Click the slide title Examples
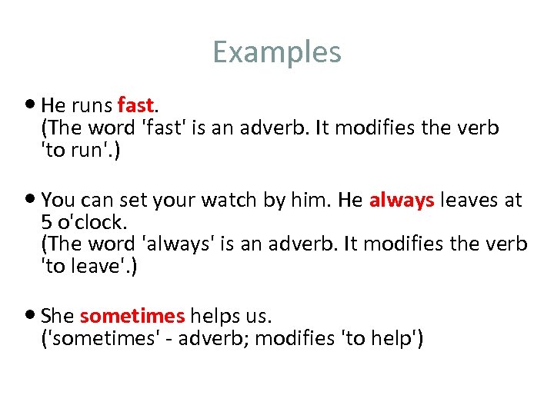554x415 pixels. point(277,52)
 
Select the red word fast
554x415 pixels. point(137,105)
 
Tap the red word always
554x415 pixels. point(402,201)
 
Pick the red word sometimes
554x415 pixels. point(132,316)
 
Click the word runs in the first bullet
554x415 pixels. point(92,105)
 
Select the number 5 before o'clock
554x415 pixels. point(46,223)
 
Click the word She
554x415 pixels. point(58,316)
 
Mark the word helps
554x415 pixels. point(215,316)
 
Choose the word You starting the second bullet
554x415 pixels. point(58,201)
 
